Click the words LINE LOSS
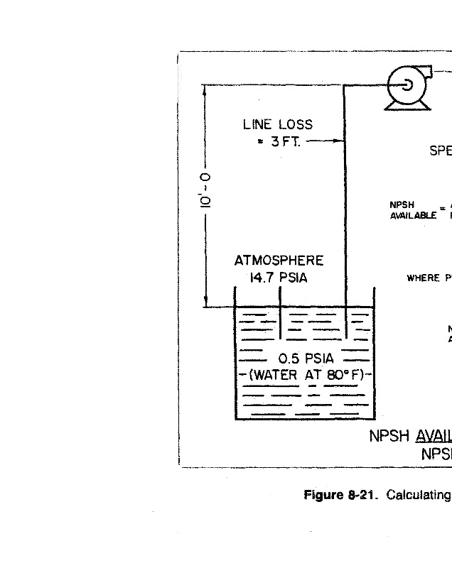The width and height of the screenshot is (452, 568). pyautogui.click(x=277, y=124)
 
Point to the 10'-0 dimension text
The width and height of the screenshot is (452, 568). pyautogui.click(x=205, y=190)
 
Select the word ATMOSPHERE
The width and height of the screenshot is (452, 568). pyautogui.click(x=279, y=261)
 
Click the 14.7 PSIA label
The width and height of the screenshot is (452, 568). pyautogui.click(x=278, y=278)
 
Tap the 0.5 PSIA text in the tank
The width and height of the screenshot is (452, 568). pyautogui.click(x=306, y=358)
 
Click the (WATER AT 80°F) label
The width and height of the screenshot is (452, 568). pyautogui.click(x=306, y=375)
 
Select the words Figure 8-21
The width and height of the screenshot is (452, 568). pyautogui.click(x=340, y=494)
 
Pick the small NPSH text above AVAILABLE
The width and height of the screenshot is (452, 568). pyautogui.click(x=402, y=205)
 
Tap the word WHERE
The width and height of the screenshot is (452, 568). pyautogui.click(x=423, y=278)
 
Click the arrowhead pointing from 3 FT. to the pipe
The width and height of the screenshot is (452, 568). pyautogui.click(x=340, y=141)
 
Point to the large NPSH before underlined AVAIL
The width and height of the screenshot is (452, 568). pyautogui.click(x=390, y=436)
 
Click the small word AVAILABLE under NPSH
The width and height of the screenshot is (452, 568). pyautogui.click(x=413, y=216)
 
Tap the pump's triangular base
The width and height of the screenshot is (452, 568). pyautogui.click(x=407, y=104)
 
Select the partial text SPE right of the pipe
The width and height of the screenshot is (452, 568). pyautogui.click(x=440, y=151)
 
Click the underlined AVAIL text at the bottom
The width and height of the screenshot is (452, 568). pyautogui.click(x=433, y=436)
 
